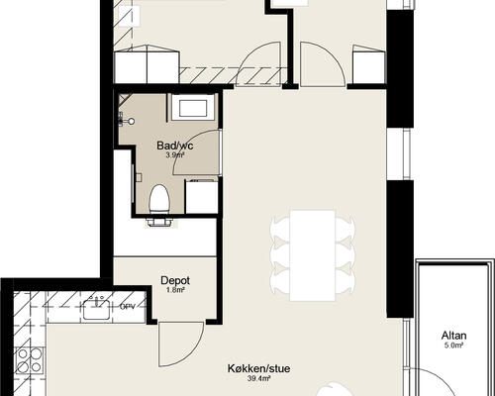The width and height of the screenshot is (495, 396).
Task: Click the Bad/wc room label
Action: [175, 146]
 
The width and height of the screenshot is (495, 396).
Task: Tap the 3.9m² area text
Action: [175, 155]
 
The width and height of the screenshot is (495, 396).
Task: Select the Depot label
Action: [175, 280]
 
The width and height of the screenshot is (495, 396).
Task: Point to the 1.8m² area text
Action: [175, 290]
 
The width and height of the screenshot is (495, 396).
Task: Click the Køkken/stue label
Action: [259, 368]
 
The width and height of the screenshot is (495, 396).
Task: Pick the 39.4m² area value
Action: [259, 378]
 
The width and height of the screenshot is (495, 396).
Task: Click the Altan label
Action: [454, 336]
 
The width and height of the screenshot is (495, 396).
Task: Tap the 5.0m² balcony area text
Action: [454, 346]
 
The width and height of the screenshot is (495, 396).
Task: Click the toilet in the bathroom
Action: [159, 200]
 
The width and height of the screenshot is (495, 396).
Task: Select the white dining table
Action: [312, 255]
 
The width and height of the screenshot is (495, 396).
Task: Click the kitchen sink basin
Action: [96, 310]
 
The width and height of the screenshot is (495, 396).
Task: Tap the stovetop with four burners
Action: [30, 359]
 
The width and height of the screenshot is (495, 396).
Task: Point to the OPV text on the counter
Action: [128, 307]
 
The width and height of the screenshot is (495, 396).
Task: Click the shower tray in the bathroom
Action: [193, 106]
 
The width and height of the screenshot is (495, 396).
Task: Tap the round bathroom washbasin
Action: [132, 122]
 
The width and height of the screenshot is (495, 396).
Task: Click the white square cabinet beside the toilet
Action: [201, 196]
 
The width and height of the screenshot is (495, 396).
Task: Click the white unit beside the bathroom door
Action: [201, 196]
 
